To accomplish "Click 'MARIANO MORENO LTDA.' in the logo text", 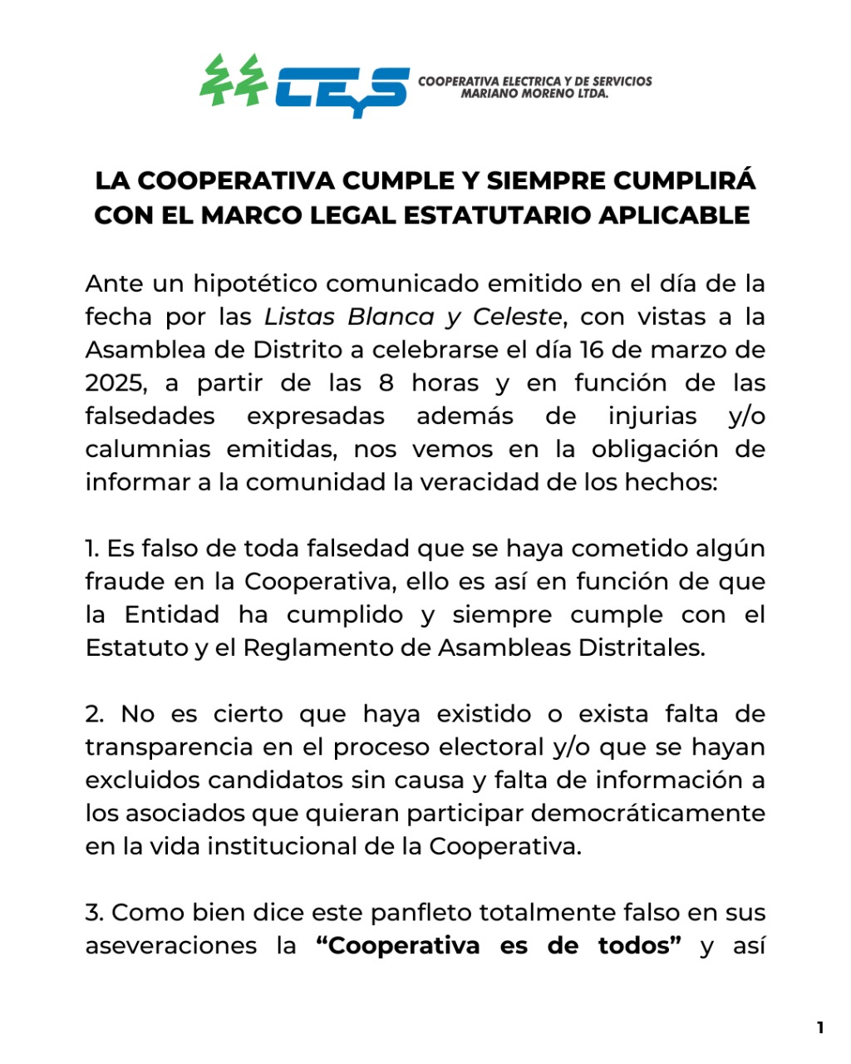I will (535, 94).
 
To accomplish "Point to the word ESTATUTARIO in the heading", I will (496, 214).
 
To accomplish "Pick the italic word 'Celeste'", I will (517, 317).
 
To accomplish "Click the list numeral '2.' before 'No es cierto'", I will (96, 714).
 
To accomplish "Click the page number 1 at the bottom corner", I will (820, 1027).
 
